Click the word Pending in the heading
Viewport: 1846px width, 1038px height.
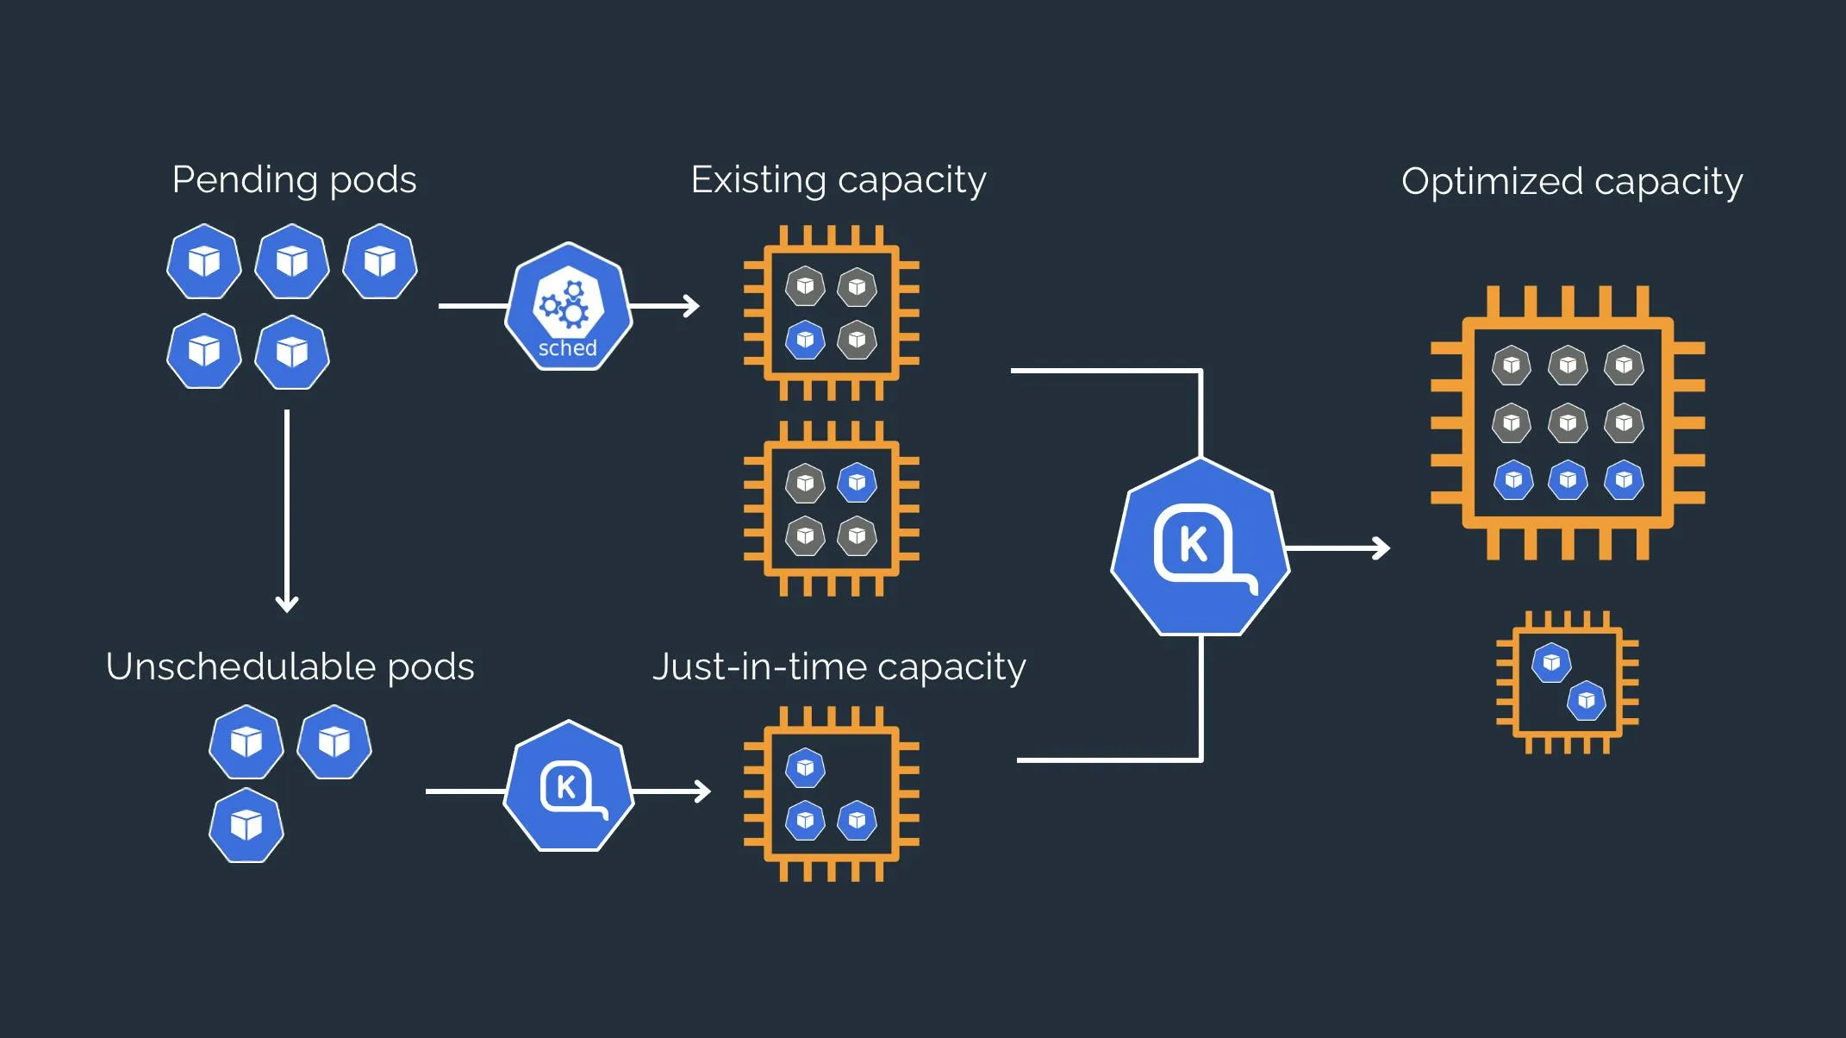[245, 180]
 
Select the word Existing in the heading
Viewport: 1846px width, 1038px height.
[758, 180]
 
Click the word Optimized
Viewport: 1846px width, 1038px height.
[1491, 182]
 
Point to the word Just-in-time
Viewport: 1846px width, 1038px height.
[758, 666]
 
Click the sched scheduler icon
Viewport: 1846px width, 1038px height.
[568, 306]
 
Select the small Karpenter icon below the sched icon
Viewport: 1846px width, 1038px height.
[568, 786]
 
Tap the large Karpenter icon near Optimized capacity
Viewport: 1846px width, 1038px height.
[1200, 547]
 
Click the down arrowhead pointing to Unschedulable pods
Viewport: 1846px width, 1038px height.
[287, 603]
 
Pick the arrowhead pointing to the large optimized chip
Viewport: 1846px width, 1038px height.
[1381, 548]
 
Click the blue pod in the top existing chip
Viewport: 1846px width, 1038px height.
[805, 340]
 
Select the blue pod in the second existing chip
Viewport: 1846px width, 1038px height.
[857, 483]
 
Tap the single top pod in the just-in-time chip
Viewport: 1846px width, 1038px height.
[805, 767]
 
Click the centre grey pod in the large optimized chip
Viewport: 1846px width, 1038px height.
[1567, 422]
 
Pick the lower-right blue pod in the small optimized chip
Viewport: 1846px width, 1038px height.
[1586, 701]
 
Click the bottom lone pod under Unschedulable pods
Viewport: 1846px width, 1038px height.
[246, 825]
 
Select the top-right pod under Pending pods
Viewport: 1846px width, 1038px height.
[380, 261]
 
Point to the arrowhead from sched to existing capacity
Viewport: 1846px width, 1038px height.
[692, 306]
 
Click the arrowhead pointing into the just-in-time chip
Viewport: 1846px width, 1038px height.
[703, 791]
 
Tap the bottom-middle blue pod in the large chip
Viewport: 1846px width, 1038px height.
[1567, 479]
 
